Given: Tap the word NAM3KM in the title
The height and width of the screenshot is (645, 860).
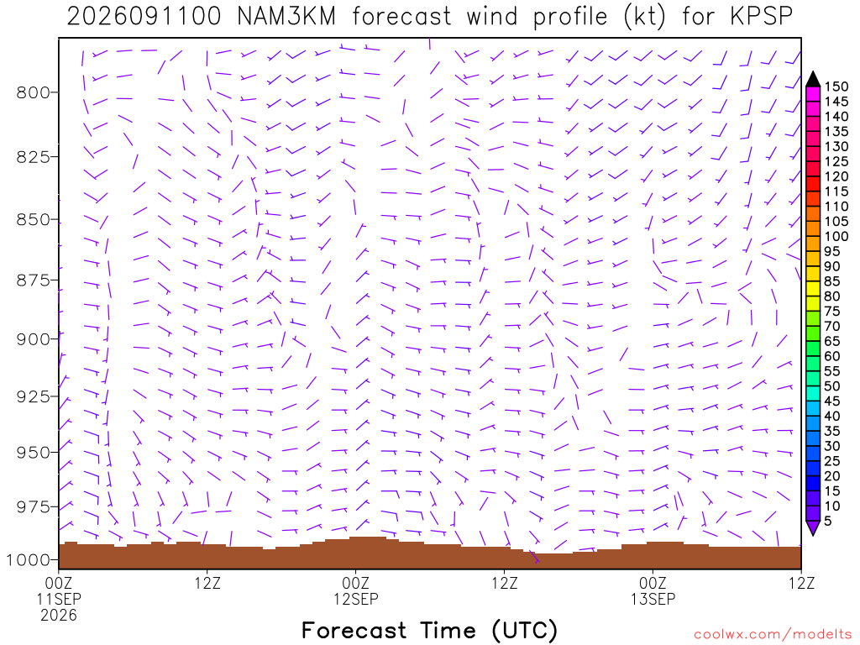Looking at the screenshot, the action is coord(286,17).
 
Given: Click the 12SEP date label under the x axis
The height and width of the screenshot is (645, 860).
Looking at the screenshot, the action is coord(356,599).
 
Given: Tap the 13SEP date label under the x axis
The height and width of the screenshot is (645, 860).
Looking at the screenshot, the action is coord(653,599).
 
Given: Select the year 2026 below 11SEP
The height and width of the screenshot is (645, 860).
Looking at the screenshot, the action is coord(59,616).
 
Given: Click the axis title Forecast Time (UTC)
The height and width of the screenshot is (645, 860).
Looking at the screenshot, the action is coord(429,630).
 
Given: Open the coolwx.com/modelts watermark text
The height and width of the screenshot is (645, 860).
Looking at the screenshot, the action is coord(773,635).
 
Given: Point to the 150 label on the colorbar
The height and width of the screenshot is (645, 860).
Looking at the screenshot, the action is coord(836,87).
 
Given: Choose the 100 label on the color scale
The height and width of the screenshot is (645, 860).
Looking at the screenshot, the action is coord(836,236).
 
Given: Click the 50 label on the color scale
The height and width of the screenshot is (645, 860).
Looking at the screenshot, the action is coord(832,386).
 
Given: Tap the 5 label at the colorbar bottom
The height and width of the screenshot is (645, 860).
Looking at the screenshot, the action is coord(827,521).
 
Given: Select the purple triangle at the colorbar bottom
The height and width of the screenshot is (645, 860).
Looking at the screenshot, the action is coord(813,527).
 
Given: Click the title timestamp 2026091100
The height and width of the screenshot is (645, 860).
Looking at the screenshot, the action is coord(144,17).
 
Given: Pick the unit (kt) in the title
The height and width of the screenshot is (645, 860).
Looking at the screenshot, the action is coord(644,17).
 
